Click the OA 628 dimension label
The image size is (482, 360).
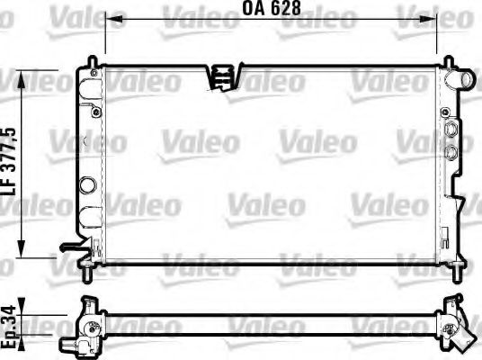[x=271, y=11]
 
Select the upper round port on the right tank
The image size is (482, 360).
[x=451, y=130]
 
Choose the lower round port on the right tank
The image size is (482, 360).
[x=451, y=149]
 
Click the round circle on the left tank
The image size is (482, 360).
[x=87, y=186]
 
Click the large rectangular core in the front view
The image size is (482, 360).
[x=270, y=166]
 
